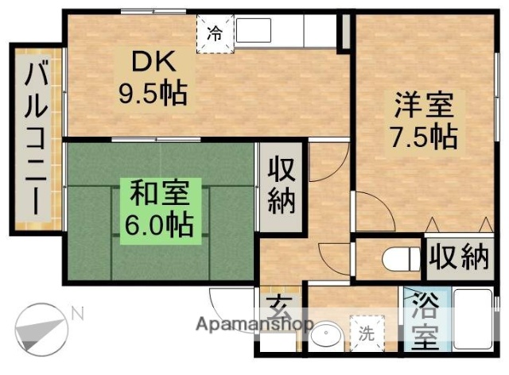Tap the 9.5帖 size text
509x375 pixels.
pyautogui.click(x=153, y=95)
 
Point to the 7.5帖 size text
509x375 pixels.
pyautogui.click(x=422, y=136)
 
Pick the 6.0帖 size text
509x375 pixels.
pyautogui.click(x=158, y=225)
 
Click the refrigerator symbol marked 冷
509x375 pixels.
pyautogui.click(x=216, y=33)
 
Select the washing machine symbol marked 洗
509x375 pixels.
pyautogui.click(x=367, y=332)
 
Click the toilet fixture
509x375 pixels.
pyautogui.click(x=398, y=259)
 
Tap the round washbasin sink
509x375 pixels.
pyautogui.click(x=324, y=337)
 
